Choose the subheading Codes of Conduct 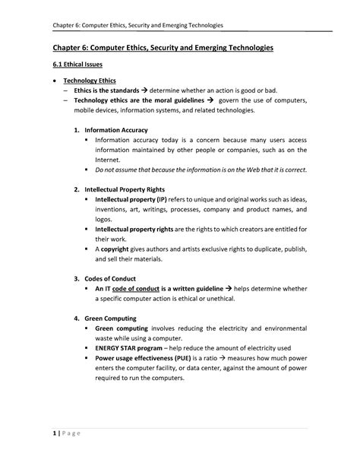coord(114,277)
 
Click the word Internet coord(108,160)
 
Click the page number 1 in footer coord(44,434)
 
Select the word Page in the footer coord(65,434)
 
